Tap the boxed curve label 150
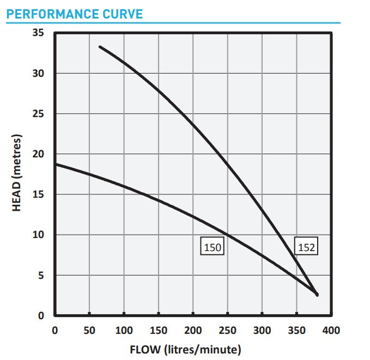tap(212, 247)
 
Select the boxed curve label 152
tap(307, 247)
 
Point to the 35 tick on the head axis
tap(38, 33)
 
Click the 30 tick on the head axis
tap(38, 74)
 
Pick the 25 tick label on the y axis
tap(38, 114)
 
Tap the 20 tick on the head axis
tap(38, 154)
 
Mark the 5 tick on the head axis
tap(41, 276)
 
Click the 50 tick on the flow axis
tap(89, 330)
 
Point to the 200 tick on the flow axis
tap(193, 330)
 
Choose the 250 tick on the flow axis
tap(228, 330)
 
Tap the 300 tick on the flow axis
tap(262, 330)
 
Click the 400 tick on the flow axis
tap(331, 330)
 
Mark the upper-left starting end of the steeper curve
tap(100, 47)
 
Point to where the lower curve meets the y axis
tap(55, 164)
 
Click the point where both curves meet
tap(317, 294)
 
